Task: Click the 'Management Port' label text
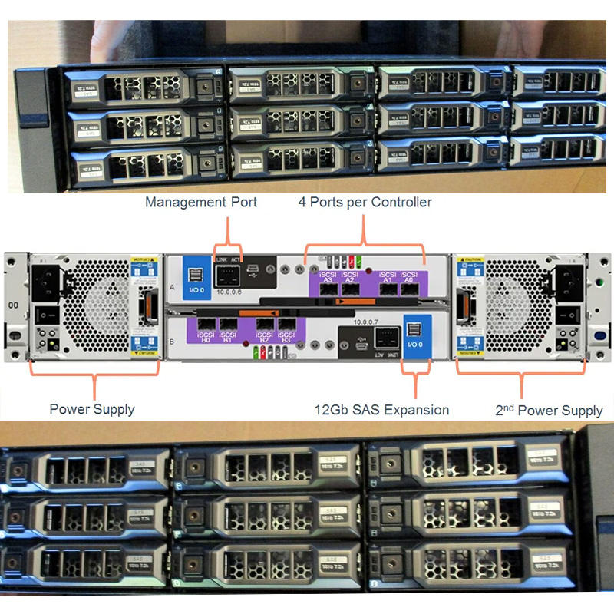201,203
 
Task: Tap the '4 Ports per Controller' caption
365,203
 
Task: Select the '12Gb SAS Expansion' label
382,409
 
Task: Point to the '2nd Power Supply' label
549,410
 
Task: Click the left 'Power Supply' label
92,409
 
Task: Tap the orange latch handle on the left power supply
142,306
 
